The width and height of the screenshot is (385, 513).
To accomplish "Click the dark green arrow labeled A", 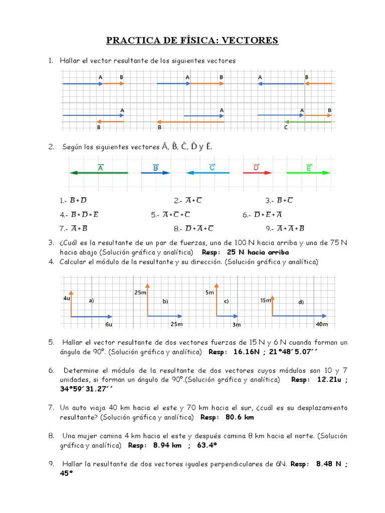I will (x=99, y=173).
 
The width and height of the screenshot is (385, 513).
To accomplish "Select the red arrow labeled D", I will (x=257, y=173).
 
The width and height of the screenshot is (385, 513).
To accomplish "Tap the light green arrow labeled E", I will (x=308, y=173).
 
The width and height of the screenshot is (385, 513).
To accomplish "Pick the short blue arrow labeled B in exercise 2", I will (x=155, y=173).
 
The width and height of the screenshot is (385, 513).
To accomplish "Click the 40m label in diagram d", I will (x=321, y=325).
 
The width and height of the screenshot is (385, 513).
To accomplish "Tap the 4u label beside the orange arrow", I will (x=67, y=299).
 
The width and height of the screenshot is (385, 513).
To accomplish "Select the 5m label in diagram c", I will (x=210, y=292).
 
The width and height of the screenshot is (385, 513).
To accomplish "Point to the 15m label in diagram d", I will (x=265, y=301).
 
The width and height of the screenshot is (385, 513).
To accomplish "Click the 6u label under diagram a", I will (x=109, y=325).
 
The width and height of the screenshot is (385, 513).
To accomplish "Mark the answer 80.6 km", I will (x=240, y=417).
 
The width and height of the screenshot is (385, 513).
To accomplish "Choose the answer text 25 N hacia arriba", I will (x=258, y=252).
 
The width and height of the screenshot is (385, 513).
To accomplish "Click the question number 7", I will (x=51, y=408).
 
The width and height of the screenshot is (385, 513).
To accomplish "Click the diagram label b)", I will (x=164, y=302).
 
